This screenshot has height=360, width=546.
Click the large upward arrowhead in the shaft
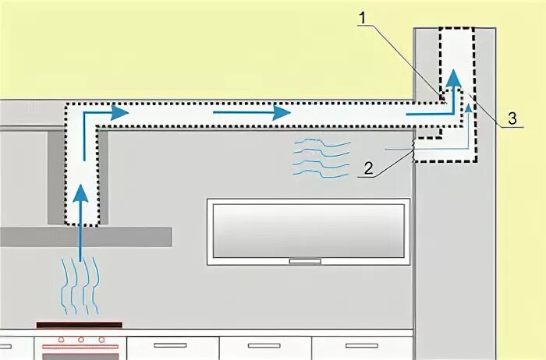453,80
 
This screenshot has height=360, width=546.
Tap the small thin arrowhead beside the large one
469,108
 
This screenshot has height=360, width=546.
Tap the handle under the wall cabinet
306,261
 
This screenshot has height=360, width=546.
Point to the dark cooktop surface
79,324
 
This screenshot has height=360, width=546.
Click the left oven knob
58,341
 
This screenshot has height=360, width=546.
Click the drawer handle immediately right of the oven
170,344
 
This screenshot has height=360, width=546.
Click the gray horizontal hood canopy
86,237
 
